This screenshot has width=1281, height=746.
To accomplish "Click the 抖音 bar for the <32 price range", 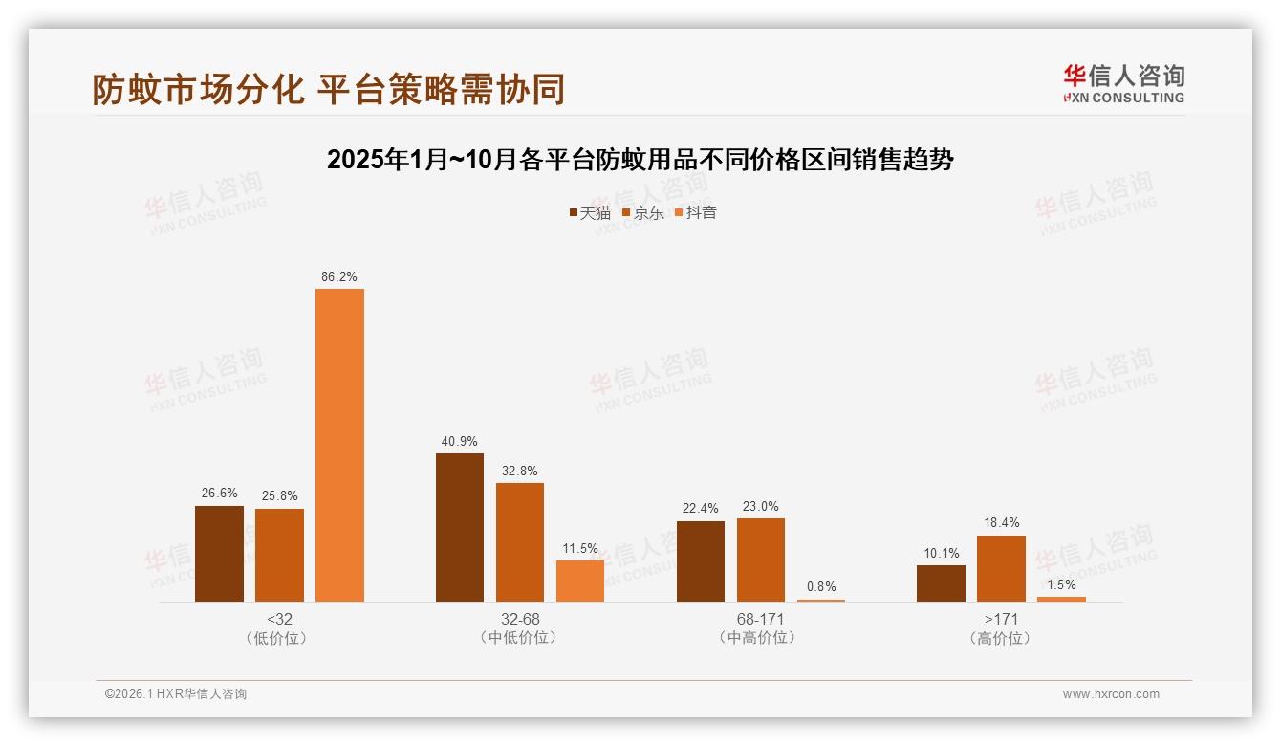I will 339,445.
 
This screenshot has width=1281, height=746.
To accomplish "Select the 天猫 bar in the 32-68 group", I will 460,527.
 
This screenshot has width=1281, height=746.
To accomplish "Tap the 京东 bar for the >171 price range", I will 1001,568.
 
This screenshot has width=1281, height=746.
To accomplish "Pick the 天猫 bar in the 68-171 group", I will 700,561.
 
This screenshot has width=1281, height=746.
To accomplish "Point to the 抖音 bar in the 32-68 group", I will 580,581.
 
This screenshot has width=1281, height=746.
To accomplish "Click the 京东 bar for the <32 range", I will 279,555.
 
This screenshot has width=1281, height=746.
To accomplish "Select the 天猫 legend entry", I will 590,213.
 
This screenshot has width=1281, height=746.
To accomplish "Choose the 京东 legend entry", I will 643,213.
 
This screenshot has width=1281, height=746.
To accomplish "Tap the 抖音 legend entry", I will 696,213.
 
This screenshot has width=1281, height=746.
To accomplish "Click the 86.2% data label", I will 339,277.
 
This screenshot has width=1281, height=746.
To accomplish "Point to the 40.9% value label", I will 460,442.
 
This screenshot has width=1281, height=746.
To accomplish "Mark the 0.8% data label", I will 821,587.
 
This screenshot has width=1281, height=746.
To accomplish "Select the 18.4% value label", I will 1001,523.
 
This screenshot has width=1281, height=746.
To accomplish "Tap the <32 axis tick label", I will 279,619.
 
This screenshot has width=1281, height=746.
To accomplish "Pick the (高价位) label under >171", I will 1001,638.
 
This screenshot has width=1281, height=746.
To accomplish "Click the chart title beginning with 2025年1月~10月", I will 640,160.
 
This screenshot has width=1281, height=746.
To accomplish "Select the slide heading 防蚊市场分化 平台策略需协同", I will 328,89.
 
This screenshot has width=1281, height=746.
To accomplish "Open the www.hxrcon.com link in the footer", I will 1111,694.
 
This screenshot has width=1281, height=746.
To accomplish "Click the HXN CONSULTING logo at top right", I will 1123,83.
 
